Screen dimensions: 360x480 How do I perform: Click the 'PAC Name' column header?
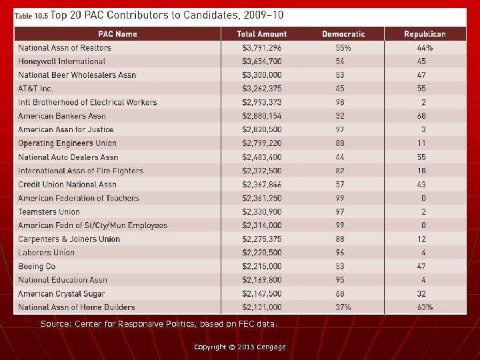coord(117,34)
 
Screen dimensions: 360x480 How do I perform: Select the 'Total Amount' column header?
coord(262,34)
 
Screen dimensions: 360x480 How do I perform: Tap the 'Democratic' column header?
coord(343,34)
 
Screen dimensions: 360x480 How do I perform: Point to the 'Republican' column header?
coord(425,34)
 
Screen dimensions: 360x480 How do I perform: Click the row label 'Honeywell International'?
coord(61,61)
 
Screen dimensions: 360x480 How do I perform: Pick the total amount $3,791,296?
coord(261,48)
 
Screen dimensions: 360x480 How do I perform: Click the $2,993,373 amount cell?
coord(261,103)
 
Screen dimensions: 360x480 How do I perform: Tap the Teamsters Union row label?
coord(49,212)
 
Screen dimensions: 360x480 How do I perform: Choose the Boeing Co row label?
coord(37,267)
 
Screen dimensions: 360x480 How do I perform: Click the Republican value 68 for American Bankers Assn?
coord(421,116)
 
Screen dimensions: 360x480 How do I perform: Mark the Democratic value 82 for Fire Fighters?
coord(341,171)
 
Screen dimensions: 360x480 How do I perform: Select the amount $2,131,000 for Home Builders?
coord(261,307)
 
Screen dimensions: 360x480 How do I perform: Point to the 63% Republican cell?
coord(424,307)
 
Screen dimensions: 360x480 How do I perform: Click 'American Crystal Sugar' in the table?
coord(63,294)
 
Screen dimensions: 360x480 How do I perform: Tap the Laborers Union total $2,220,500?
coord(261,253)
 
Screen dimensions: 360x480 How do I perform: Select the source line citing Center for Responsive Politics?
coord(158,324)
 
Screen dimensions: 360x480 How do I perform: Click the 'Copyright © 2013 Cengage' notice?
coord(239,347)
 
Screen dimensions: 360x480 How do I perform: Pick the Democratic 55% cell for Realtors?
coord(343,48)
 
